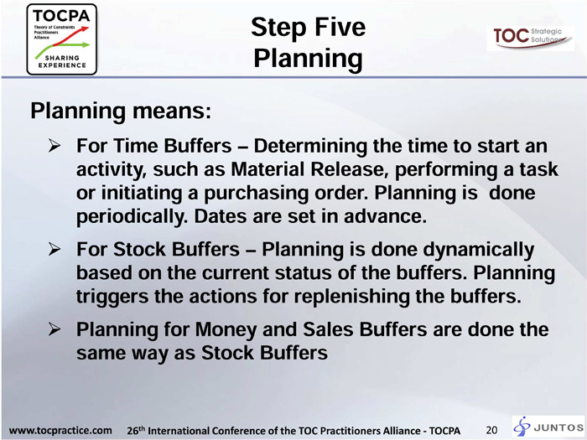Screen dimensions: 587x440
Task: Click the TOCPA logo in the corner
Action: pyautogui.click(x=62, y=39)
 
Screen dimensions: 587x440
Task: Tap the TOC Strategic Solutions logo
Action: pyautogui.click(x=530, y=38)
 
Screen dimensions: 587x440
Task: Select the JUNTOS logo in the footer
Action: pyautogui.click(x=548, y=427)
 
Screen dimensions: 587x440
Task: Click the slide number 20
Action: pyautogui.click(x=491, y=430)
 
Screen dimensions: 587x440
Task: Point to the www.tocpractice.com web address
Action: pyautogui.click(x=60, y=430)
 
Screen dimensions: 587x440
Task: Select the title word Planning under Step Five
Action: pyautogui.click(x=308, y=59)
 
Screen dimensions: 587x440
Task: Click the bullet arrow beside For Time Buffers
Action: pyautogui.click(x=55, y=145)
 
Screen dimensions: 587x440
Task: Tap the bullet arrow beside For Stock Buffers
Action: pyautogui.click(x=55, y=249)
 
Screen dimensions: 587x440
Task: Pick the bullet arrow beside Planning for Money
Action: pyautogui.click(x=55, y=329)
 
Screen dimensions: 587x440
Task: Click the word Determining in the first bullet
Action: pyautogui.click(x=310, y=147)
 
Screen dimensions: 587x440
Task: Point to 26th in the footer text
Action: pyautogui.click(x=136, y=430)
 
